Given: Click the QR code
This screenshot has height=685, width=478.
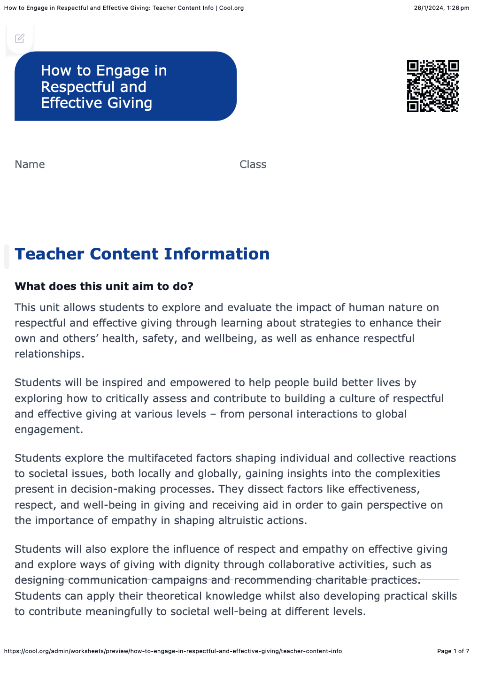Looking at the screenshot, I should pos(432,86).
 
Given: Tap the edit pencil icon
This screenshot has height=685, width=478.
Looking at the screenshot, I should pos(20,38).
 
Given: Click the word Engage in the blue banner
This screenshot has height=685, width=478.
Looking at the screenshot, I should pos(122,70).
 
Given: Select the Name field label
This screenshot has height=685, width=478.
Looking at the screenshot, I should pos(30,164).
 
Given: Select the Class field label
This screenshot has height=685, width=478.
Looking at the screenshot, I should pos(253,164).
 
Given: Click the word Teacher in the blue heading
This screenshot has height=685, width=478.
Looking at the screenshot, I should pos(50,254).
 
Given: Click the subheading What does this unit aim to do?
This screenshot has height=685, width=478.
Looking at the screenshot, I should pos(104,286).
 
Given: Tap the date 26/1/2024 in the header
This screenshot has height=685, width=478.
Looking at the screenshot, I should pos(429,8).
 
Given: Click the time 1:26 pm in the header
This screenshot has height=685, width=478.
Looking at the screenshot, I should pos(458,8).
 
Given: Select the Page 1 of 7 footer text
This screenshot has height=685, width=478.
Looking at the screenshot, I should pos(453,651).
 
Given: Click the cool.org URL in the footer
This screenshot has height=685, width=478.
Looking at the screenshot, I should pos(173,651).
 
